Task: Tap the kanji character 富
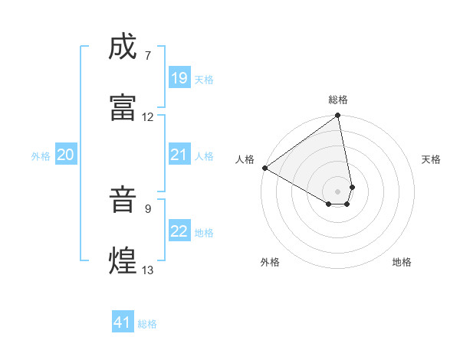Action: click(x=123, y=106)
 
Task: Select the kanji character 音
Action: click(x=123, y=201)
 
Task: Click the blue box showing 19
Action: click(x=179, y=78)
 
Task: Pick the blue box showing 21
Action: click(x=179, y=155)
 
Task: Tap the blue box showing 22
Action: click(x=179, y=231)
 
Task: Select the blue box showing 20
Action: click(x=65, y=155)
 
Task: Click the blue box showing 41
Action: click(x=123, y=322)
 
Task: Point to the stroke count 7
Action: click(x=148, y=56)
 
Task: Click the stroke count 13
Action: click(x=148, y=270)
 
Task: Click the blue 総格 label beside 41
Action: click(x=147, y=324)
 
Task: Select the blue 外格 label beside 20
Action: click(x=41, y=156)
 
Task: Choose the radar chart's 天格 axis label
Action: click(x=432, y=159)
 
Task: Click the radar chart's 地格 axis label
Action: click(x=402, y=262)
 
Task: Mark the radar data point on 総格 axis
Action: click(x=338, y=116)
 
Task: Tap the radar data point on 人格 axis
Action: click(x=264, y=167)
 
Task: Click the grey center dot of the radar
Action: click(x=338, y=190)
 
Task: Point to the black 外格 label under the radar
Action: click(x=270, y=262)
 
